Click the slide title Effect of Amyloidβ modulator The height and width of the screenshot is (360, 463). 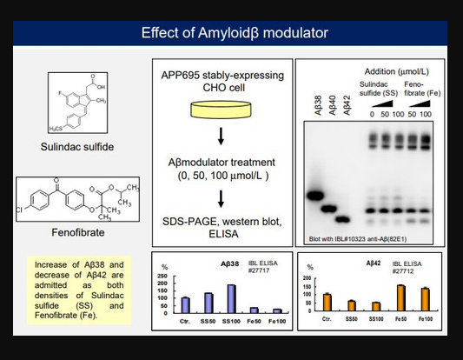point(235,34)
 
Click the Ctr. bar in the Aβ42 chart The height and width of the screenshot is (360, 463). point(327,302)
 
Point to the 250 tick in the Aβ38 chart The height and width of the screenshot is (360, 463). point(162,276)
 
